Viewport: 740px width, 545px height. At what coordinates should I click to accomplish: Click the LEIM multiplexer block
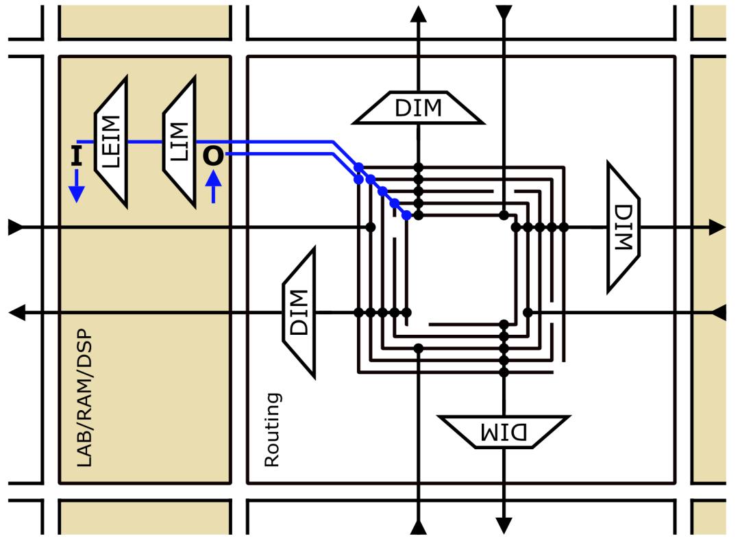[112, 142]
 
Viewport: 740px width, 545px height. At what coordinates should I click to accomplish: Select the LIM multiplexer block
[180, 142]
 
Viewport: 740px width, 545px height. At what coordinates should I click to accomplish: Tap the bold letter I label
[76, 157]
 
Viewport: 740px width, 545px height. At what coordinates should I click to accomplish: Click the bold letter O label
[213, 157]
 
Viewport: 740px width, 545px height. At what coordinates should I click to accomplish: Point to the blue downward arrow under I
[76, 188]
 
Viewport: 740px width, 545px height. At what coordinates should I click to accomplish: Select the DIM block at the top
[418, 108]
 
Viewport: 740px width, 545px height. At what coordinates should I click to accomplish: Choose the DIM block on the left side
[299, 313]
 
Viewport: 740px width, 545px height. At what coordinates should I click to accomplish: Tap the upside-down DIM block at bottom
[504, 432]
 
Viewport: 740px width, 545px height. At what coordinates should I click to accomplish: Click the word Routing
[272, 429]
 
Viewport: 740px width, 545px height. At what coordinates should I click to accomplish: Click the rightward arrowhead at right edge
[717, 227]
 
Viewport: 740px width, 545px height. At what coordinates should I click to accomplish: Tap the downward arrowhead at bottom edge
[504, 526]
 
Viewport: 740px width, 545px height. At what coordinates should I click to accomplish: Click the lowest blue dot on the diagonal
[406, 216]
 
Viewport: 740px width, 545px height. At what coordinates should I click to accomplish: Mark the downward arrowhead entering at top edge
[504, 12]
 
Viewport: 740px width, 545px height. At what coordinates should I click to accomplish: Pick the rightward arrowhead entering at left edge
[15, 227]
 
